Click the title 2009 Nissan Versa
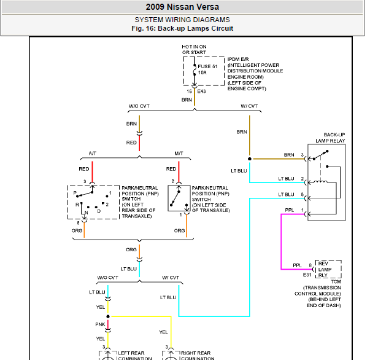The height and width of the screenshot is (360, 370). [182, 7]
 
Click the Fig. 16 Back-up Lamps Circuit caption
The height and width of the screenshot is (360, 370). [182, 28]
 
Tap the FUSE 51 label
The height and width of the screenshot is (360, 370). [207, 66]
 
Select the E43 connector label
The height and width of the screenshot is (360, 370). [201, 91]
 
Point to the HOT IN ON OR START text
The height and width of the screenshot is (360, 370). [194, 49]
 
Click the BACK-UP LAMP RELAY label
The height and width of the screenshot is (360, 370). [330, 138]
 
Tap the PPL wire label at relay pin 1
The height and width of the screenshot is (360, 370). [290, 210]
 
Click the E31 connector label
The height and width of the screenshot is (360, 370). [307, 275]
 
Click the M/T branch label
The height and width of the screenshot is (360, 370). [179, 154]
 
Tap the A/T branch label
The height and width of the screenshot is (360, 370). [93, 154]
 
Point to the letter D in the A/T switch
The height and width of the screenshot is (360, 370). [99, 211]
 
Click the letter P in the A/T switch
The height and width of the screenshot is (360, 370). [75, 193]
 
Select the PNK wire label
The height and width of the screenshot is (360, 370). [100, 324]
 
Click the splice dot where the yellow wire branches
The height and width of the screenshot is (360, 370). [108, 316]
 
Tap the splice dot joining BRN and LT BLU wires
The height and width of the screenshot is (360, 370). [250, 158]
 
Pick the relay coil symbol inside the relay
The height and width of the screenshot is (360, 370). [320, 182]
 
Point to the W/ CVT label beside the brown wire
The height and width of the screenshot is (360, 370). [249, 106]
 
